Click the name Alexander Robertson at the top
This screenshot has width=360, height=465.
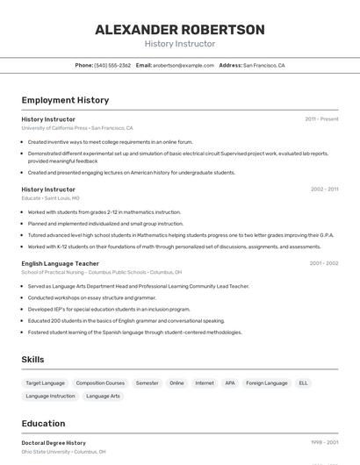(179, 30)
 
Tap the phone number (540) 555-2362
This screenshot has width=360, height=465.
(112, 65)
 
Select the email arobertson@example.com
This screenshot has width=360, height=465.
(184, 65)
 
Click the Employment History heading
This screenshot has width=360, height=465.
(65, 100)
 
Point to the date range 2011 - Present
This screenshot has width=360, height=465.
(321, 118)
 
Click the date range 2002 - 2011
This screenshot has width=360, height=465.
(324, 189)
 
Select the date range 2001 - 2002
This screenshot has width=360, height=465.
(323, 262)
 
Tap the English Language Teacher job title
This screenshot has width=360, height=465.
(60, 263)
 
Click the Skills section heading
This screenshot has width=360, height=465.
(32, 359)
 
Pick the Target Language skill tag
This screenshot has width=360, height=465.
(45, 383)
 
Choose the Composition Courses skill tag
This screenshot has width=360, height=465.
(100, 383)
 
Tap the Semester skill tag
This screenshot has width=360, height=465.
(147, 383)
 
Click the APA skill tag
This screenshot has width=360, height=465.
(230, 383)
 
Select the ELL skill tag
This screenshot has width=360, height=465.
(303, 383)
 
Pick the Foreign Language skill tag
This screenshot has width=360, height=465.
(267, 383)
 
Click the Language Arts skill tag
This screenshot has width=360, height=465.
(103, 397)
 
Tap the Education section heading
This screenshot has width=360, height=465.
(43, 423)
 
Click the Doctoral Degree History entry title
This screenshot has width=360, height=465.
(54, 443)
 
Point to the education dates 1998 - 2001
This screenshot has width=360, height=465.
(324, 443)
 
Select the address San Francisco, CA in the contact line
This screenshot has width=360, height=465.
(263, 65)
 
